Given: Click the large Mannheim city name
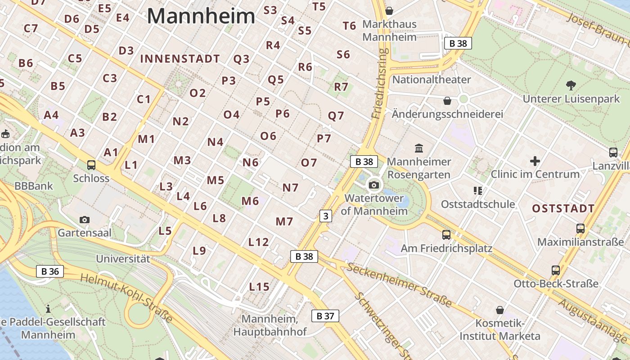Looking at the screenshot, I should [x=201, y=17].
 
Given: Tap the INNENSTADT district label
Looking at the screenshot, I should [x=180, y=59].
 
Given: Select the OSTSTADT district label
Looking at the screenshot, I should [x=563, y=209].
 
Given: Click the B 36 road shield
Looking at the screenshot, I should [x=50, y=271].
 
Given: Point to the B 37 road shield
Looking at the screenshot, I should [x=325, y=316].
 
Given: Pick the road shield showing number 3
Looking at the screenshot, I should [x=325, y=216].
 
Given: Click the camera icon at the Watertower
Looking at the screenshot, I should [x=373, y=184].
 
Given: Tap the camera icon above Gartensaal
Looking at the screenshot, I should [x=84, y=220].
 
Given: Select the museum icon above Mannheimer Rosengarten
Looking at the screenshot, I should [x=419, y=148].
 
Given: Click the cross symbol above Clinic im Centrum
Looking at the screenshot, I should [x=535, y=161].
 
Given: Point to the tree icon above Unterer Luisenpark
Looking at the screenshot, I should [x=571, y=85].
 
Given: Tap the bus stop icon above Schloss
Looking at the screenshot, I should [x=91, y=165].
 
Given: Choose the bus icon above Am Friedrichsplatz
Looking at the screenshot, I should [x=446, y=234].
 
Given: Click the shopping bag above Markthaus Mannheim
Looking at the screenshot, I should [x=389, y=10].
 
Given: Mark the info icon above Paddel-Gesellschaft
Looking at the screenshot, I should [x=48, y=309].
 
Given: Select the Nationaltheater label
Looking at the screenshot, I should [x=432, y=80].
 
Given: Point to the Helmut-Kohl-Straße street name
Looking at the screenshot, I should [x=126, y=297].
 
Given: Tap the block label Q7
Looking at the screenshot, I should [x=336, y=116].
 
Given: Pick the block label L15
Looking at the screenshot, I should [x=259, y=287].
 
